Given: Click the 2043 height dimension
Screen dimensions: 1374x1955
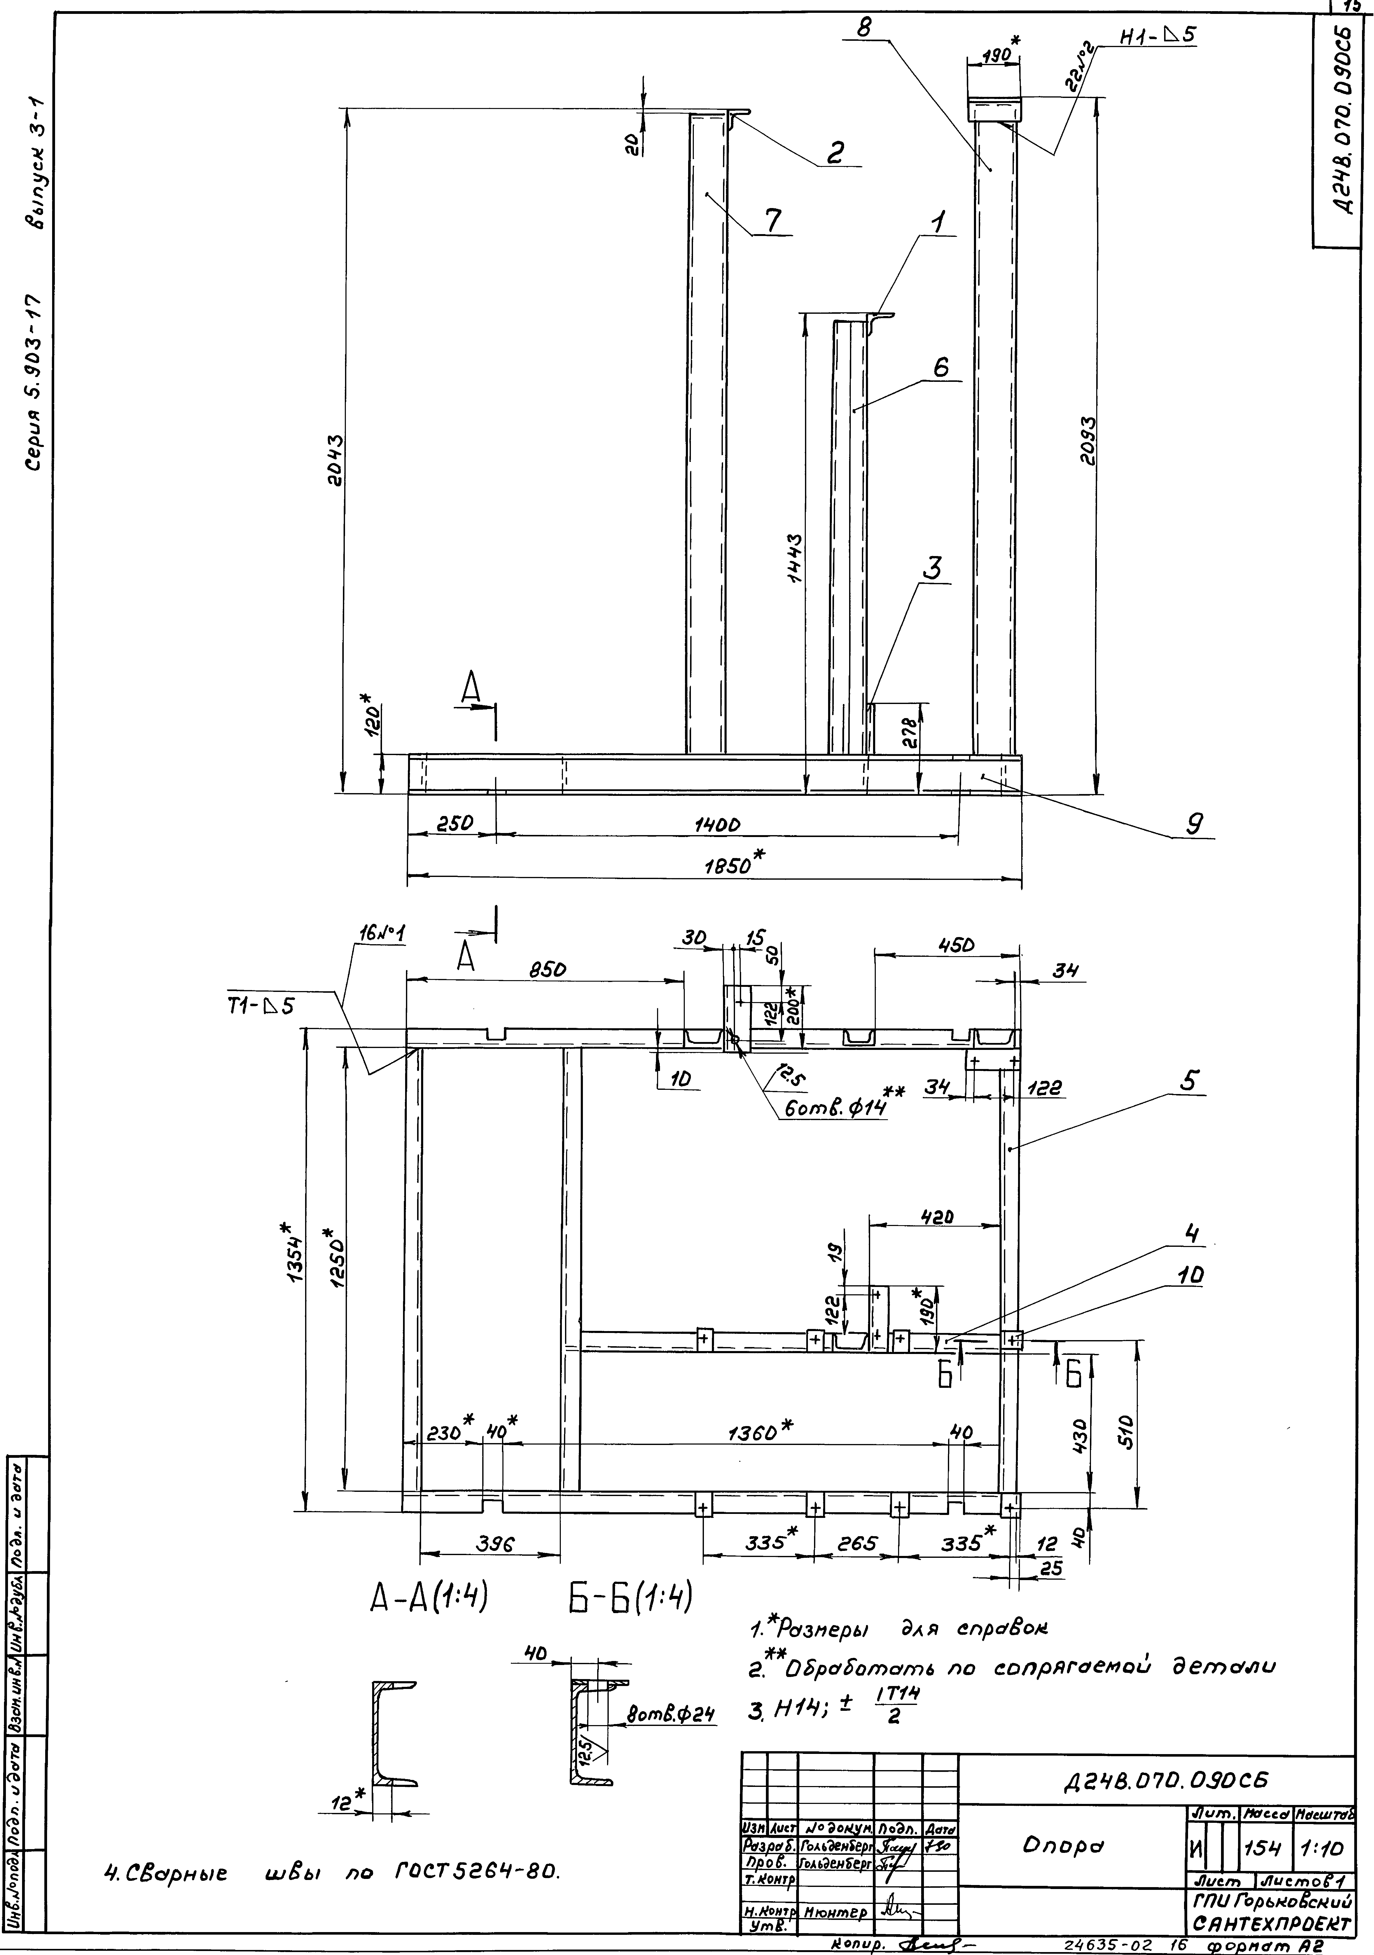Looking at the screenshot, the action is coord(335,460).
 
